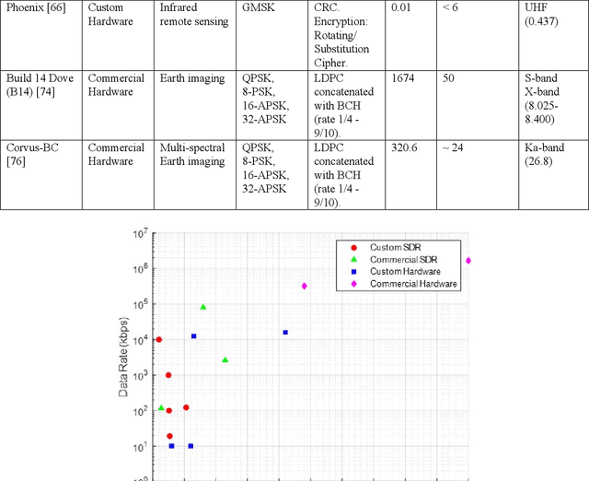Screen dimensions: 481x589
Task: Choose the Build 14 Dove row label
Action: pyautogui.click(x=38, y=86)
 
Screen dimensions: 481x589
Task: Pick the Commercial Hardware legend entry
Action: pyautogui.click(x=413, y=284)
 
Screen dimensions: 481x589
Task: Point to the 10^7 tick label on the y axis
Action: pyautogui.click(x=137, y=234)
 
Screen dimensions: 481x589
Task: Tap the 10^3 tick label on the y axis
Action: pyautogui.click(x=137, y=376)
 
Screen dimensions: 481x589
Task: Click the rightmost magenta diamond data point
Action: pyautogui.click(x=468, y=261)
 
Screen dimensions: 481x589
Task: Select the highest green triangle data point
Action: pyautogui.click(x=202, y=307)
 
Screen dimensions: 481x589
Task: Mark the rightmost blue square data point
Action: pyautogui.click(x=285, y=332)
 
